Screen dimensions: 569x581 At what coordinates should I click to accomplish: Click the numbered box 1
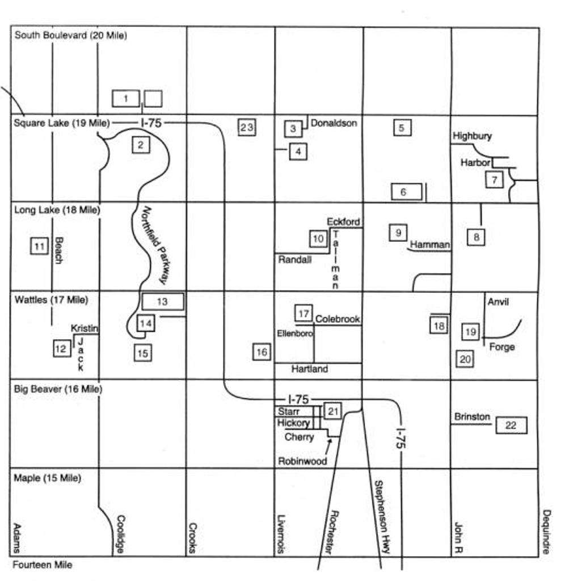click(x=126, y=99)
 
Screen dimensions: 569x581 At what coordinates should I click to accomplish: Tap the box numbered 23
click(x=247, y=127)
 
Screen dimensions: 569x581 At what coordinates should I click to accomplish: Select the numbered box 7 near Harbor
click(x=494, y=180)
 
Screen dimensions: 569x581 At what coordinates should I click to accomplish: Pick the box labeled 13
click(x=163, y=301)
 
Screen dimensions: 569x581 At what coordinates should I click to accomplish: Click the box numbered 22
click(x=511, y=425)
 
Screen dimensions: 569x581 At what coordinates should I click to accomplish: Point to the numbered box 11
click(x=39, y=246)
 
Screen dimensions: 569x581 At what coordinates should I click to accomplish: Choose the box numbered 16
click(x=262, y=352)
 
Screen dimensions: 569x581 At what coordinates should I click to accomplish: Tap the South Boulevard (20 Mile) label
click(x=70, y=35)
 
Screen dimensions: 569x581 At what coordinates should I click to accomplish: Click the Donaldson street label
click(x=334, y=123)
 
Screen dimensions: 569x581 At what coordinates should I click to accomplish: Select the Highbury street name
click(x=472, y=136)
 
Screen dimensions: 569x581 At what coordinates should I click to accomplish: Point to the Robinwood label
click(x=302, y=461)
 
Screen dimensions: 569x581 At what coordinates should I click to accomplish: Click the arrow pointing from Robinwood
click(x=327, y=447)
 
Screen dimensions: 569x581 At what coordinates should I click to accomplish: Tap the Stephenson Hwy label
click(x=382, y=517)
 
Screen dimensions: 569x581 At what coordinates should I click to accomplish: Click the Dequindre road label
click(x=546, y=532)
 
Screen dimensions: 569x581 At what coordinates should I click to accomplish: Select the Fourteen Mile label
click(x=43, y=565)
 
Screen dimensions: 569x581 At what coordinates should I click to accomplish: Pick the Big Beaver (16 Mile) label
click(x=58, y=389)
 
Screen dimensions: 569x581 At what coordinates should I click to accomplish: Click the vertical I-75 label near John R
click(x=400, y=439)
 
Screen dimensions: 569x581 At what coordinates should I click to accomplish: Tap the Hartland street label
click(x=310, y=369)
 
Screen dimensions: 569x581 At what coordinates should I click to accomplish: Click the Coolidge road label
click(x=120, y=534)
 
